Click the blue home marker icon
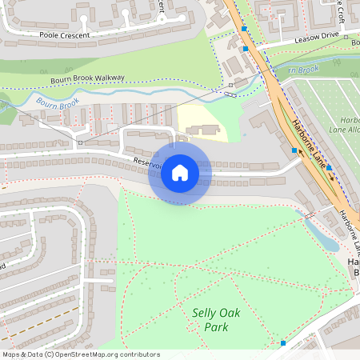pos(180,172)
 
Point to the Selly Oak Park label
pos(210,319)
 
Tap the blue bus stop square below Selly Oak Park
pos(283,343)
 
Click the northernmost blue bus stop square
pos(244,28)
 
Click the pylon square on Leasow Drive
pos(346,37)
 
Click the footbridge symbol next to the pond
pos(306,214)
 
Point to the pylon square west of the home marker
pos(79,142)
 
